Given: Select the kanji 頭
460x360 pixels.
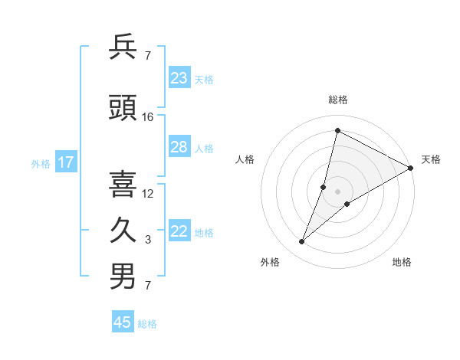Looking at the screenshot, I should tap(123, 109).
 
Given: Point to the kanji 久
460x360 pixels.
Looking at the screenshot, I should tap(123, 231).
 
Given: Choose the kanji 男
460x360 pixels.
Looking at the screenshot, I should tap(123, 277).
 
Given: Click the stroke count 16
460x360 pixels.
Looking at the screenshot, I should tap(148, 117).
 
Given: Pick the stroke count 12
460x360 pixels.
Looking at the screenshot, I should tap(148, 193).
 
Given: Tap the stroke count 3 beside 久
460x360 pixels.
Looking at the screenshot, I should tap(148, 240).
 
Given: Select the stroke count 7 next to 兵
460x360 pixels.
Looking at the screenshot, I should tap(148, 56).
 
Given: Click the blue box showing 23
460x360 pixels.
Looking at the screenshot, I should tap(179, 78).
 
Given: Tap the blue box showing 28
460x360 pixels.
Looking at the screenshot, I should tap(179, 147).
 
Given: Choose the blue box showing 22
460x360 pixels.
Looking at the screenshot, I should tap(179, 232).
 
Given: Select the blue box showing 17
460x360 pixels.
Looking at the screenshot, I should tap(66, 162).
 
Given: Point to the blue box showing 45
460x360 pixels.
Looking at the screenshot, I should tap(123, 322).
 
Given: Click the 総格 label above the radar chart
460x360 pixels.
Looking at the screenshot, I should tap(338, 100).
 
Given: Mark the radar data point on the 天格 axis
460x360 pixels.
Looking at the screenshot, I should tap(411, 168).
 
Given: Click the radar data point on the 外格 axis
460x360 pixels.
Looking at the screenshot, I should tap(302, 242).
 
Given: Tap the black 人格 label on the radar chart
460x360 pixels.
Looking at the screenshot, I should tap(245, 159).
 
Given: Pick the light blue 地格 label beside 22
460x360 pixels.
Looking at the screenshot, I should tap(204, 233).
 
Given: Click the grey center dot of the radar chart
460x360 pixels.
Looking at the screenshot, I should tap(338, 191).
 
